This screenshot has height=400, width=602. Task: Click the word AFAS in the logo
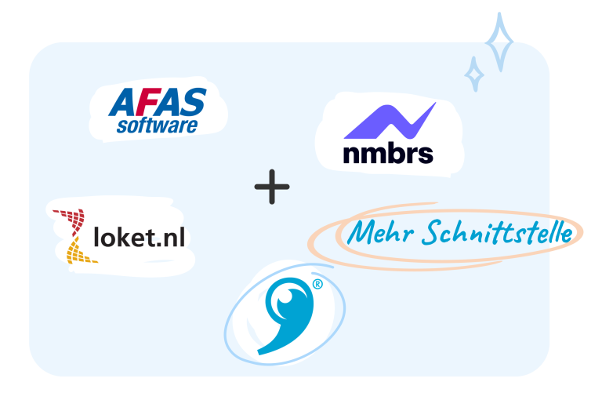(158, 102)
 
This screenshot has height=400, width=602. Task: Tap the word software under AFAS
(158, 125)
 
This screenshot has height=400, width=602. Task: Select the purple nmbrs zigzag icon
(390, 120)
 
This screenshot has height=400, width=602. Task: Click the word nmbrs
(388, 153)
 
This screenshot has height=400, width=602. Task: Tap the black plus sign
(272, 187)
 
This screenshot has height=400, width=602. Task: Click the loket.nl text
(140, 237)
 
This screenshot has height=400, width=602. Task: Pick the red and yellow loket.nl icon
(74, 236)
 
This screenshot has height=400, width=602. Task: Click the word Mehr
(380, 232)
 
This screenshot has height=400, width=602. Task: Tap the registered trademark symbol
(317, 285)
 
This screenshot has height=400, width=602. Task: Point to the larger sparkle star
(499, 42)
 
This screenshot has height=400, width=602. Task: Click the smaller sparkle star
(474, 75)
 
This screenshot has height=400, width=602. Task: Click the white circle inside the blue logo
(285, 297)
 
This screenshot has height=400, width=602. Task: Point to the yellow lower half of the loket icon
(78, 252)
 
